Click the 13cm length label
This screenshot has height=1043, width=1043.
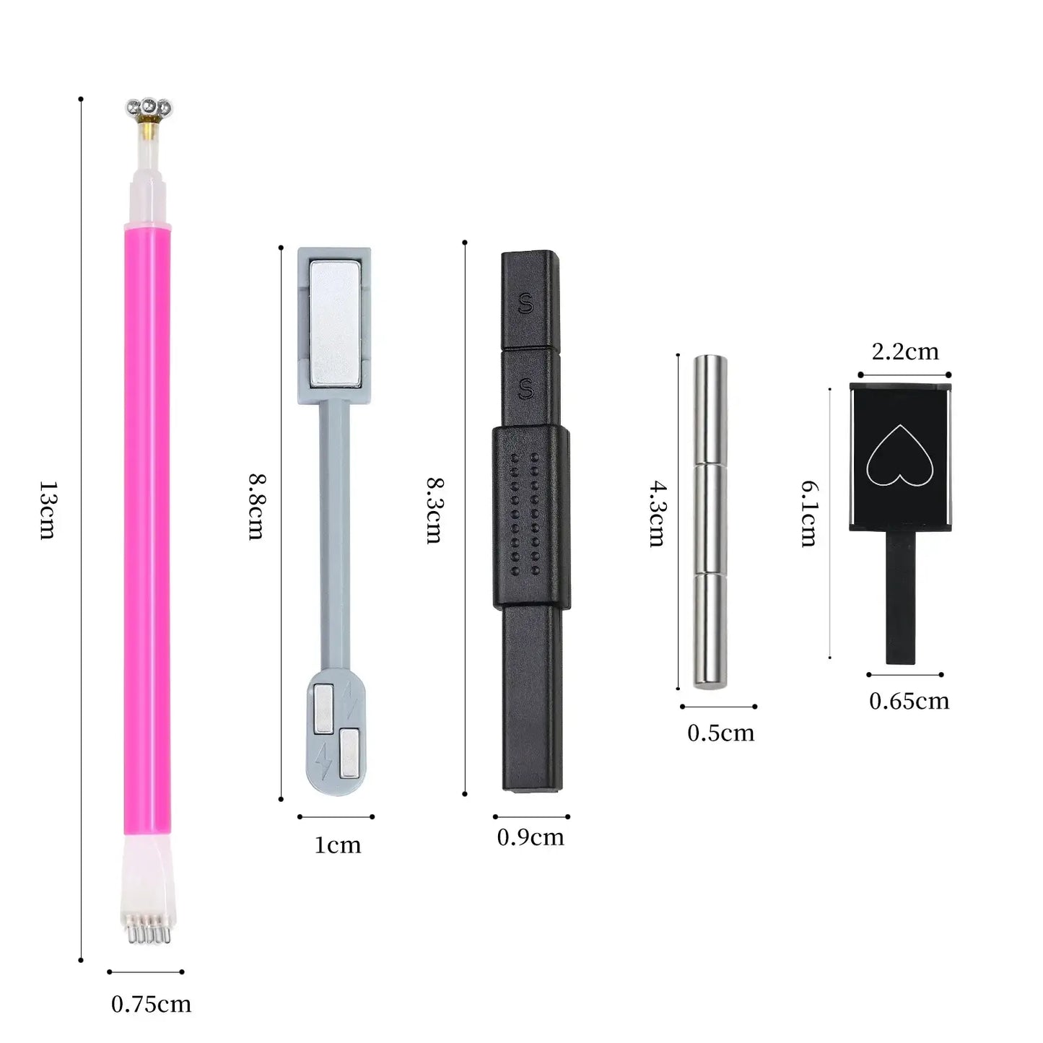48,510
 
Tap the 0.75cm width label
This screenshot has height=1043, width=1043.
151,1005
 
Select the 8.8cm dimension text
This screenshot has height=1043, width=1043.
256,507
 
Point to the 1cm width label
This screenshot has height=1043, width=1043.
337,845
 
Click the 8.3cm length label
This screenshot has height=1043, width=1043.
435,510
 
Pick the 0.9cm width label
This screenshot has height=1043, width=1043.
531,837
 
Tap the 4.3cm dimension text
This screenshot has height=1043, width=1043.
658,513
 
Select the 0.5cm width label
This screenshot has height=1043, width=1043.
720,733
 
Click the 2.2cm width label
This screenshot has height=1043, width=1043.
905,352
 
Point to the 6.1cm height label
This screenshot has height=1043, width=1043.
810,513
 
